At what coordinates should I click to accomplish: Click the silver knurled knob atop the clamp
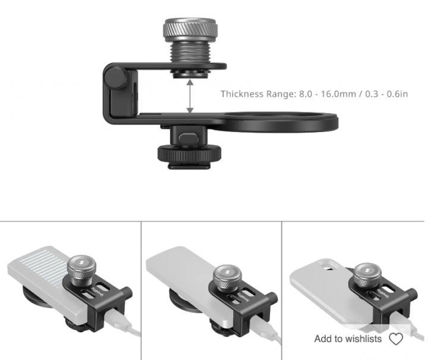tap(190, 29)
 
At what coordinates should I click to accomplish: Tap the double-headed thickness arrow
tap(190, 96)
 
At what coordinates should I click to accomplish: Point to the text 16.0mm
tap(338, 94)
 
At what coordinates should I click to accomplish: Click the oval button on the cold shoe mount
tap(188, 137)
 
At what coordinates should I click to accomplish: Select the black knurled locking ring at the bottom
tap(188, 154)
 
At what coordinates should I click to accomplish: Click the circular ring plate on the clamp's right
tap(281, 121)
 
